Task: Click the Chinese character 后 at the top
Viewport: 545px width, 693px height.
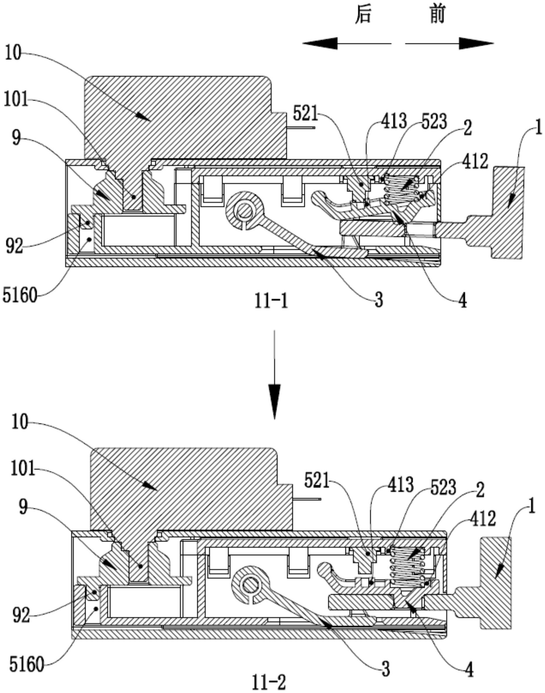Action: (x=363, y=15)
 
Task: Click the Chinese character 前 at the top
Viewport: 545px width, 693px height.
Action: (x=437, y=15)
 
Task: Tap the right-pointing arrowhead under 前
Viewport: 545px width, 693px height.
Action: (x=476, y=43)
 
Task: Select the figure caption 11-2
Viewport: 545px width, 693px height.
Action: (x=269, y=681)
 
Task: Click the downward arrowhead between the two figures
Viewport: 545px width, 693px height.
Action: (x=274, y=402)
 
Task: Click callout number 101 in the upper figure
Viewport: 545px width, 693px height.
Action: (x=16, y=100)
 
